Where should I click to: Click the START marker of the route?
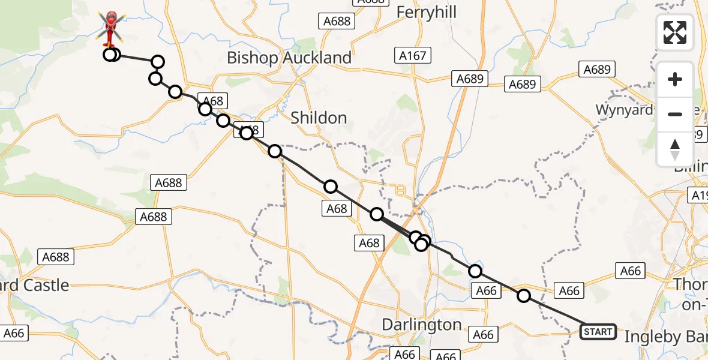pos(598,331)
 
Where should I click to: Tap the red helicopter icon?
pos(110,27)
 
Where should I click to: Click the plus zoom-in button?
pos(675,79)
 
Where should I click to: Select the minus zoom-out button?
pos(675,114)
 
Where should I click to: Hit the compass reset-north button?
pos(675,149)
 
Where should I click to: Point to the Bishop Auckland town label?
pos(289,58)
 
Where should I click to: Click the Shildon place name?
pos(318,118)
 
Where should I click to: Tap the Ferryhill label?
pos(427,13)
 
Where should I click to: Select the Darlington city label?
pos(422,325)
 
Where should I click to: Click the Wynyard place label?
pos(624,110)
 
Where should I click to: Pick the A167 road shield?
pos(413,56)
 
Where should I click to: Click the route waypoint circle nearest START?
pos(524,295)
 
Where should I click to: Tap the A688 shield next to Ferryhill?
pos(337,21)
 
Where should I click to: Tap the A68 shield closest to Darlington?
pos(369,242)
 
